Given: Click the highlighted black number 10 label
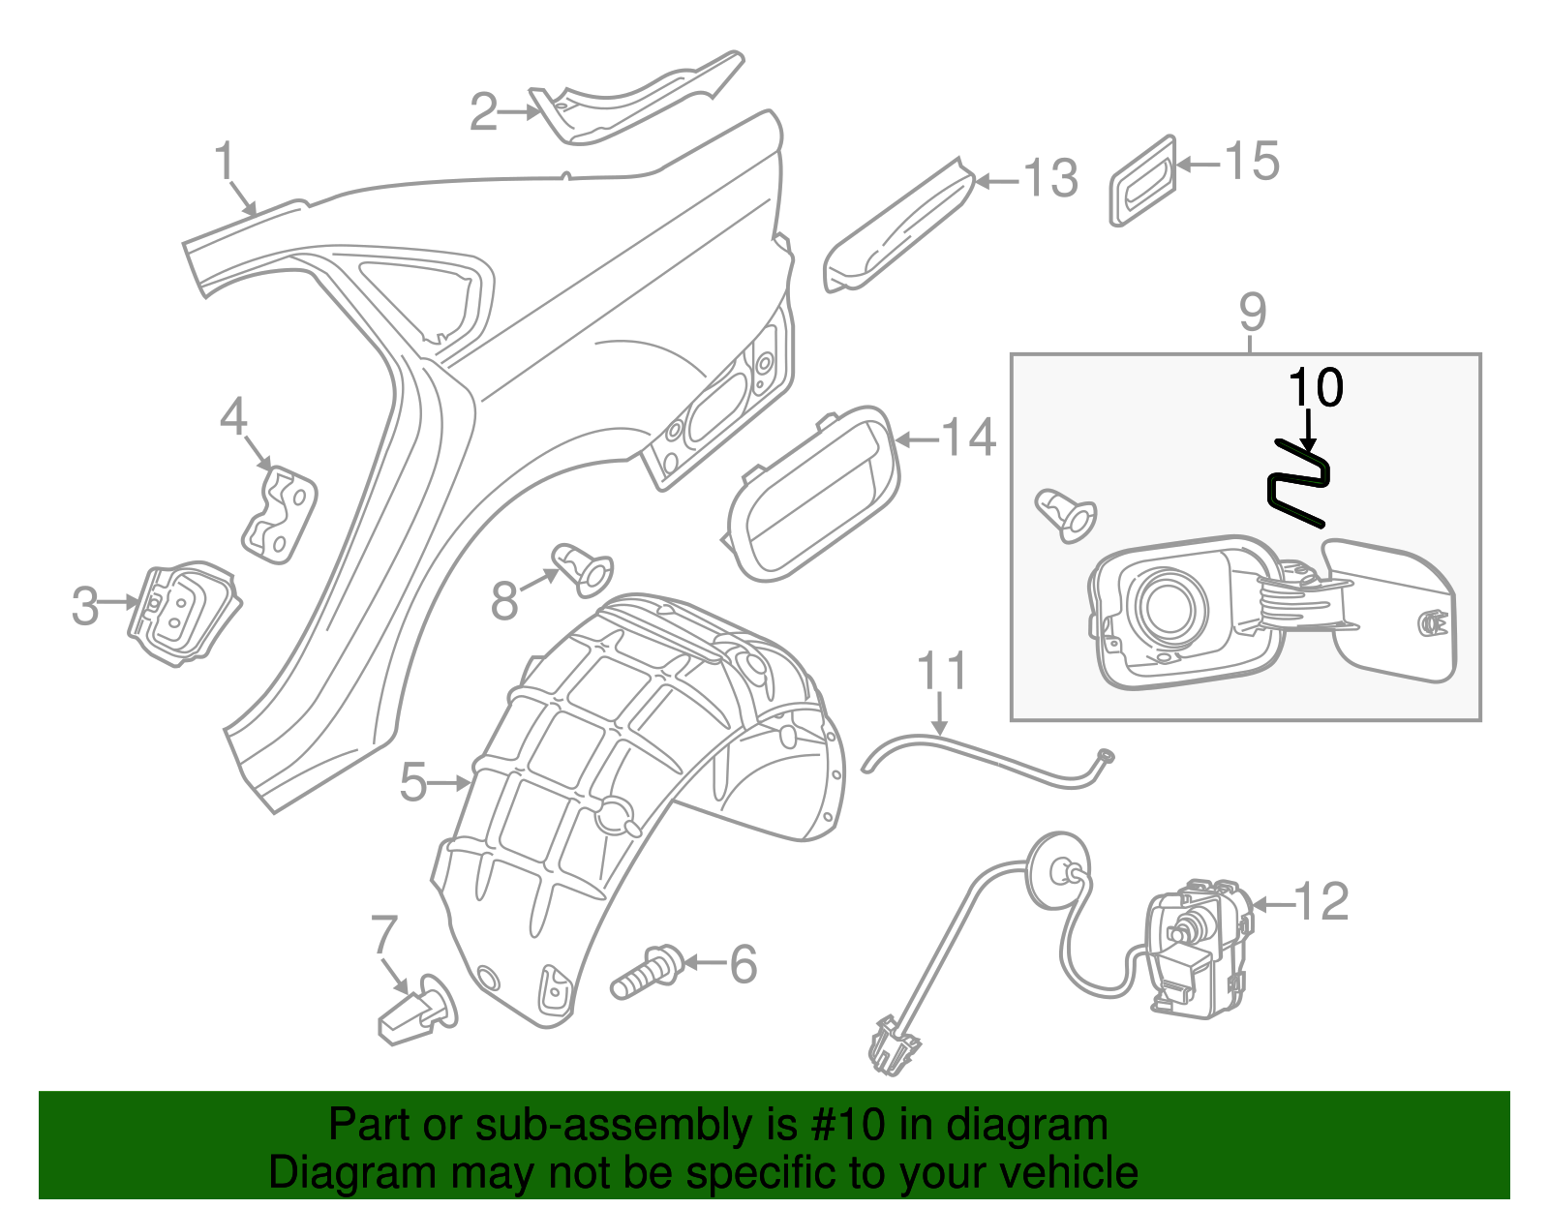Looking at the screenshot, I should (1316, 388).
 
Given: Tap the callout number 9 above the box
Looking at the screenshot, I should (1252, 313).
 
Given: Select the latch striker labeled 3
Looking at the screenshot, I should (184, 614).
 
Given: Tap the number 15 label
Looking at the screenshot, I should (1253, 162).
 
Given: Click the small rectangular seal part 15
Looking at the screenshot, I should (1142, 181).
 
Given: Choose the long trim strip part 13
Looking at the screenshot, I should (898, 227).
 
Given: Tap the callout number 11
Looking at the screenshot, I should (941, 671).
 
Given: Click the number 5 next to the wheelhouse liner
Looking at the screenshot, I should (413, 782).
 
